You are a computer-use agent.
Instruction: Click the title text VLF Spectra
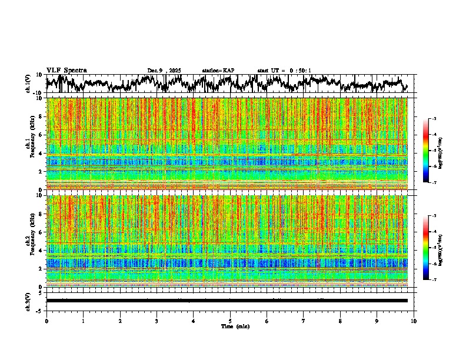point(66,70)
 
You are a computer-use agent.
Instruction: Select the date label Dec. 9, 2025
point(164,71)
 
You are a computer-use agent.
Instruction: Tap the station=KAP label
point(218,71)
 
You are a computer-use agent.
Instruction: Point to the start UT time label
point(284,71)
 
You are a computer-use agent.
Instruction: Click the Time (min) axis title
point(235,326)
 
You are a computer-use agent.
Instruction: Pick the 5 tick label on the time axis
point(230,321)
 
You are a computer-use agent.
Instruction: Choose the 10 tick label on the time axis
point(414,321)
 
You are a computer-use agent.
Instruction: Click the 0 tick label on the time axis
point(46,321)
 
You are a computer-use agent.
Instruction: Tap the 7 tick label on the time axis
point(304,321)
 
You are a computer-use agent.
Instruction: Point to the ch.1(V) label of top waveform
point(28,84)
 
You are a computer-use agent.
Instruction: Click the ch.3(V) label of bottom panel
point(28,300)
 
